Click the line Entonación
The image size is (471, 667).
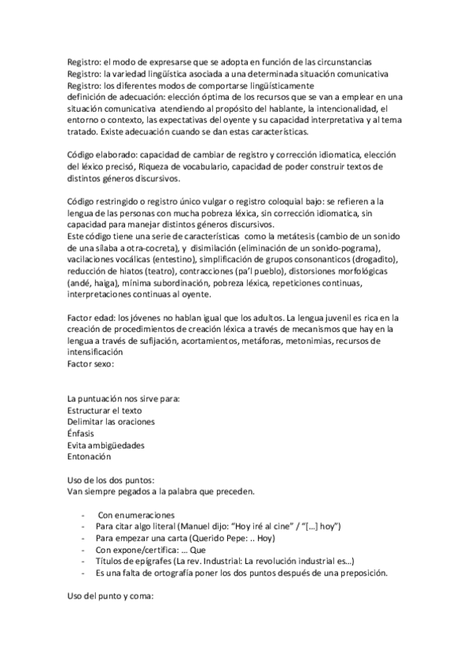coord(90,456)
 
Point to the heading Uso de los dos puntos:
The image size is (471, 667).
coord(109,480)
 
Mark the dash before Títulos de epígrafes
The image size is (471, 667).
coord(83,561)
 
